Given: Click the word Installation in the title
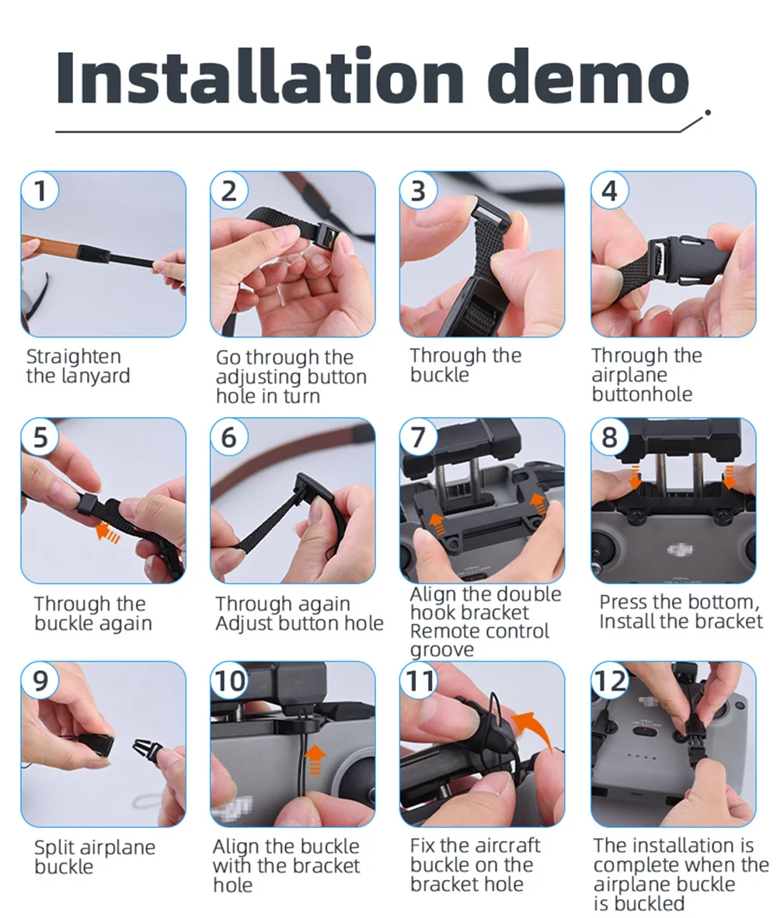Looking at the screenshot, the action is (x=260, y=78).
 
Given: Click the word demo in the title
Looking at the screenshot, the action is (x=588, y=78).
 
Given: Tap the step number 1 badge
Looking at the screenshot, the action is (x=40, y=190).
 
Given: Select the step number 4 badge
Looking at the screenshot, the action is (x=609, y=190).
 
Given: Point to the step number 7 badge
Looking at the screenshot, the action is (x=418, y=436).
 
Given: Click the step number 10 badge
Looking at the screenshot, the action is (x=229, y=680).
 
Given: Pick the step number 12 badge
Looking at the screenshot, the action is (x=609, y=680).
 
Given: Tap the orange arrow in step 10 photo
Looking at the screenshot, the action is (x=315, y=760).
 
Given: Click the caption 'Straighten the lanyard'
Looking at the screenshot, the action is (x=78, y=366).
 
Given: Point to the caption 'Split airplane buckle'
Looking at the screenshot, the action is (x=95, y=857).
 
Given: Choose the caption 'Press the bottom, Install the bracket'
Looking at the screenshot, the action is (x=681, y=611).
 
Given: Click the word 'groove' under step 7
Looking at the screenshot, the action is (x=442, y=649).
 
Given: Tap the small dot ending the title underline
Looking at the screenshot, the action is (x=708, y=113).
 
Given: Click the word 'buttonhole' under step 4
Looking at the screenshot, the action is (x=643, y=394).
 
